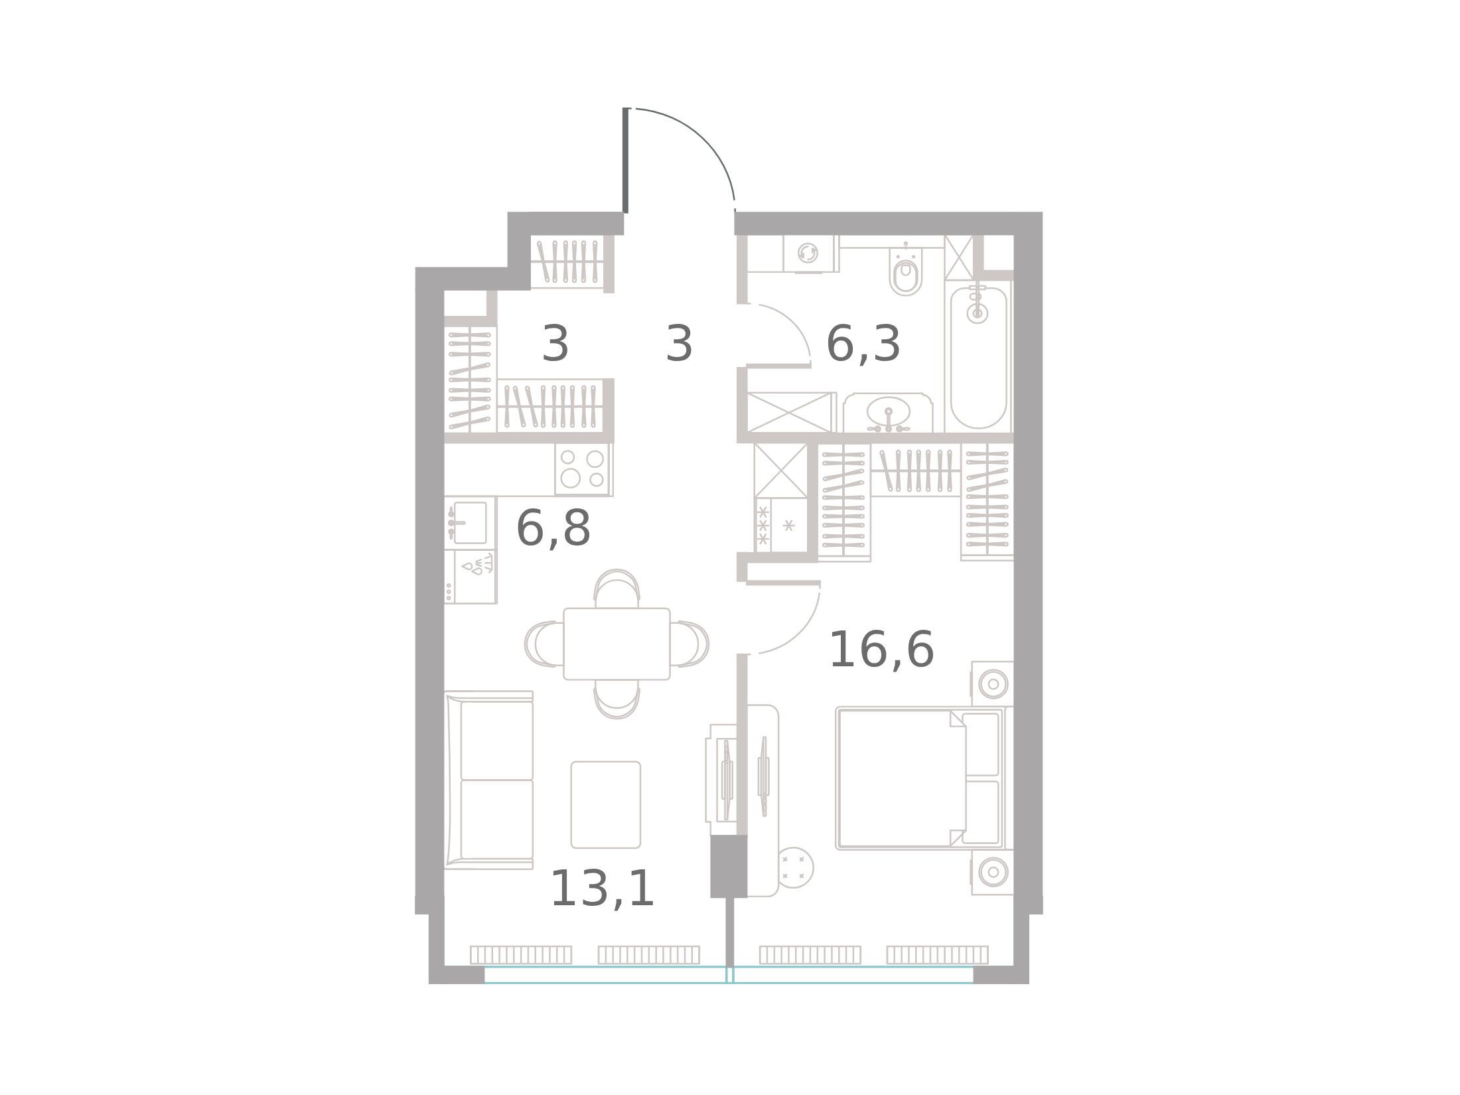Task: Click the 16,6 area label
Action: point(881,650)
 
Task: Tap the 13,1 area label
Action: point(603,889)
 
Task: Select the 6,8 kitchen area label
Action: point(553,528)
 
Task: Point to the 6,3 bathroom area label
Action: point(863,344)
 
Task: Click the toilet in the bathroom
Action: point(907,272)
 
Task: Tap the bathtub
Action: point(978,357)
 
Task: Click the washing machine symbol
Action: point(808,253)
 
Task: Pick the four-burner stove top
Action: point(582,469)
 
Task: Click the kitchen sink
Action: point(469,523)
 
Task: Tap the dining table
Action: point(617,644)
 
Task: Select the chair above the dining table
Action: point(617,589)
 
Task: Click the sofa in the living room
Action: point(490,780)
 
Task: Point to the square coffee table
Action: point(605,805)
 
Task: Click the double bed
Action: point(920,778)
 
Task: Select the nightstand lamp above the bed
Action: point(993,684)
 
